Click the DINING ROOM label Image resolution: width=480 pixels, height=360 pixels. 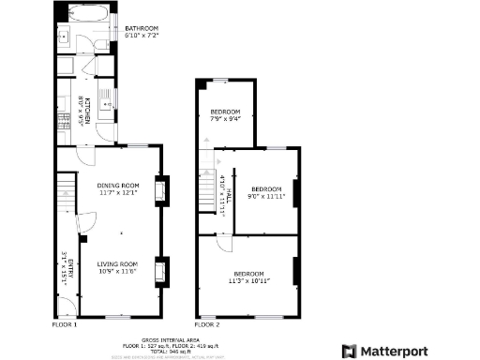point(118,186)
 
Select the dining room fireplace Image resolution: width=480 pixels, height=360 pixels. point(160,190)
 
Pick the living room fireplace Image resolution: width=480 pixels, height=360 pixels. point(160,271)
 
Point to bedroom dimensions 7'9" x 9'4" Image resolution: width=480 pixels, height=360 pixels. point(225,119)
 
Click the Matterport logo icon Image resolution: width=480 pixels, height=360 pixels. point(349,351)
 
